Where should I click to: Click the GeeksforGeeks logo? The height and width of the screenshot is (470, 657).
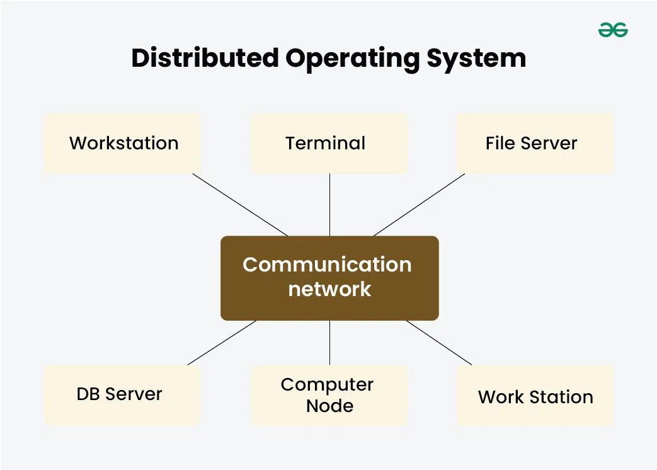pos(613,30)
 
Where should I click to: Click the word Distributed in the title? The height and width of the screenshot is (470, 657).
pos(205,59)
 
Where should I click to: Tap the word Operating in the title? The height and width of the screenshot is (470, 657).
pos(352,59)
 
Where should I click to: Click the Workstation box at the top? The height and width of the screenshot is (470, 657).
pos(123,144)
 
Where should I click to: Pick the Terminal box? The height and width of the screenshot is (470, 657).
pos(329,144)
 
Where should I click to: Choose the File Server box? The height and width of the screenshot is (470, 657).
pos(535,144)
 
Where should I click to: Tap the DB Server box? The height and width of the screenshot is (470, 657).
pos(123,395)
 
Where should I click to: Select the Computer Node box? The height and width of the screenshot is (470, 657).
pos(329,395)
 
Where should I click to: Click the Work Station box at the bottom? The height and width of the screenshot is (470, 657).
pos(535,396)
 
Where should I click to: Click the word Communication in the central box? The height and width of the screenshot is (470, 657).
pos(327,265)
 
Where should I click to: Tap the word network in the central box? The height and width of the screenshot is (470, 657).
pos(329,289)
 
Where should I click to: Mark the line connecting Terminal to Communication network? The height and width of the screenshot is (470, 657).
pos(329,205)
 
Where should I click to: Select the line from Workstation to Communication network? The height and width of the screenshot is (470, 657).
pos(240,205)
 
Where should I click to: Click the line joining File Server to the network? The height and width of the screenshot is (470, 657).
pos(419,205)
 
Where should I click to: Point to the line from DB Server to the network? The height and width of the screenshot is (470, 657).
pos(222,343)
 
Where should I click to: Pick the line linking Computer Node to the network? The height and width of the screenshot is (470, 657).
pos(329,343)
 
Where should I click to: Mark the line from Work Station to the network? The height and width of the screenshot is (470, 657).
pos(438,343)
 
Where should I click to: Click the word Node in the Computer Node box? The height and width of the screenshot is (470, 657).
pos(329,406)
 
